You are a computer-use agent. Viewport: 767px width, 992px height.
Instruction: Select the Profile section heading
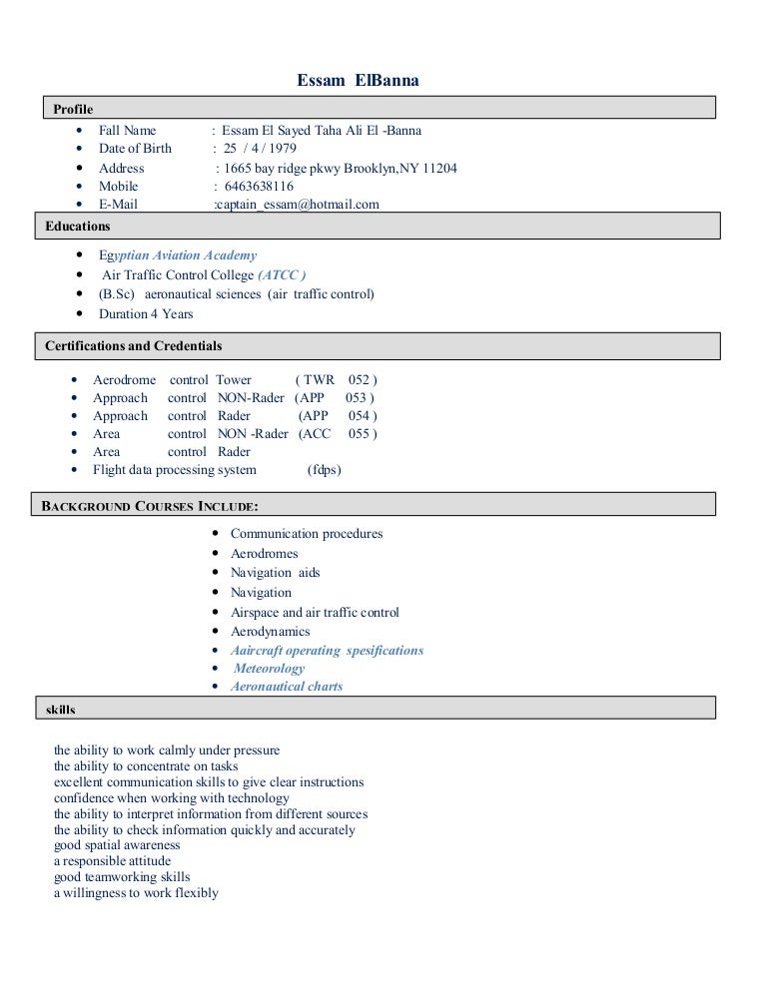coord(72,109)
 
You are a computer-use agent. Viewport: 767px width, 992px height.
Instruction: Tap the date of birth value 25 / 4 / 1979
coord(260,149)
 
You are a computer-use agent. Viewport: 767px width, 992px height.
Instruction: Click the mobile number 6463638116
coord(258,187)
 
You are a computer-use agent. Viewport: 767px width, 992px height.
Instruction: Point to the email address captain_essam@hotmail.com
coord(298,205)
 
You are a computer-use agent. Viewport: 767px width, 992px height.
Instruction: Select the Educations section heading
coord(78,227)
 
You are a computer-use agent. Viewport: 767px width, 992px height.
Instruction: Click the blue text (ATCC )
coord(283,274)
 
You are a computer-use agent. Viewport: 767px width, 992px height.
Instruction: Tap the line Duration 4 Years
coord(146,313)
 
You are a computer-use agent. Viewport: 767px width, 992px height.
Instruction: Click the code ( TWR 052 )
coord(337,380)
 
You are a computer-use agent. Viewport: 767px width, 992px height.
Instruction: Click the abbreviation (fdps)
coord(325,470)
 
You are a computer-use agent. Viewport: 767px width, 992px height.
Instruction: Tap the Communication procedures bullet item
coord(307,534)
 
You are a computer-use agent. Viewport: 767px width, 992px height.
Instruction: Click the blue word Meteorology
coord(269,669)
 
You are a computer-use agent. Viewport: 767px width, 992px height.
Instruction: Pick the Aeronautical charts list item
coord(287,687)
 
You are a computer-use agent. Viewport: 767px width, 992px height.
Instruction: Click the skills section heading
coord(60,710)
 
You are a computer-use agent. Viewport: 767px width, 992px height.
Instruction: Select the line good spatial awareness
coord(117,844)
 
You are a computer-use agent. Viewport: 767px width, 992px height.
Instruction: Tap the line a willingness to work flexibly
coord(136,893)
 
